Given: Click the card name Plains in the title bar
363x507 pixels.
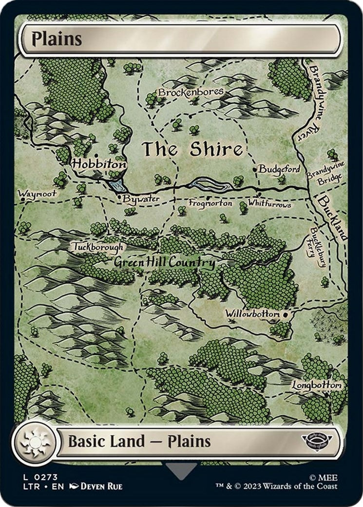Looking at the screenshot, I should pos(57,39).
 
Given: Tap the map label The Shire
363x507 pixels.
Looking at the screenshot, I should pos(192,150).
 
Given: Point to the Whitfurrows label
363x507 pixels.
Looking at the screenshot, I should pos(269,204).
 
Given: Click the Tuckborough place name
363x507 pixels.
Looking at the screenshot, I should pos(97,247).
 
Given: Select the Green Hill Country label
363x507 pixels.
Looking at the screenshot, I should pos(164,263).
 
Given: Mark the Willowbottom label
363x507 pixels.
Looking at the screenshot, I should pos(252,314).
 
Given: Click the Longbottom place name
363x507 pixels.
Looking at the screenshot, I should pos(317,386).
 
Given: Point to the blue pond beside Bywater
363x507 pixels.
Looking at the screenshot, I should pos(117,184).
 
